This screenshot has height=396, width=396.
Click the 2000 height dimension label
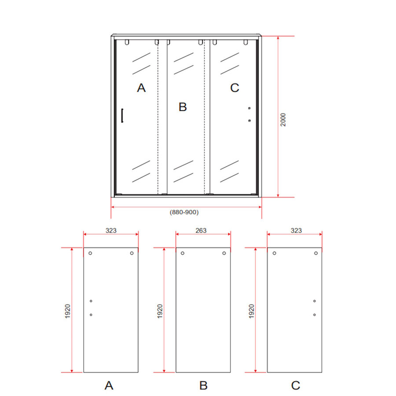tap(284, 120)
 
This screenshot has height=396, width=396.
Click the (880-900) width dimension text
tap(184, 212)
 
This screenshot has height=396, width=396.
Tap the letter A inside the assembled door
tap(141, 88)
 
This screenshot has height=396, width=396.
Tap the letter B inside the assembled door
tap(183, 107)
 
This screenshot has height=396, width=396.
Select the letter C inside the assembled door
tap(235, 88)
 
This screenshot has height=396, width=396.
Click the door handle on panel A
tap(122, 116)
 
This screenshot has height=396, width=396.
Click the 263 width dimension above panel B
tap(201, 230)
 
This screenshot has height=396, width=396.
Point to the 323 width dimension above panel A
tap(111, 230)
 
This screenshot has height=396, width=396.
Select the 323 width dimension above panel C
tap(296, 230)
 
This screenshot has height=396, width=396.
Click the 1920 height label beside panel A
tap(67, 311)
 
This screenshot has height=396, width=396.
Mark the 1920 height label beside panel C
tap(251, 311)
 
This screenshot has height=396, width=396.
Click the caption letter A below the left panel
tap(109, 385)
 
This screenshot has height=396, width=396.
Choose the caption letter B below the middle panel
tap(203, 385)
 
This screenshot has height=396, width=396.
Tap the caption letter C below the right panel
tap(296, 385)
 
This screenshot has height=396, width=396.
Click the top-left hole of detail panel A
tap(90, 253)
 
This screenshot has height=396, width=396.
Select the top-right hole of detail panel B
tap(224, 253)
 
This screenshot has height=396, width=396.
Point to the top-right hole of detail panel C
tap(316, 253)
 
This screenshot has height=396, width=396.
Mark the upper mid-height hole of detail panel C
tap(315, 301)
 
